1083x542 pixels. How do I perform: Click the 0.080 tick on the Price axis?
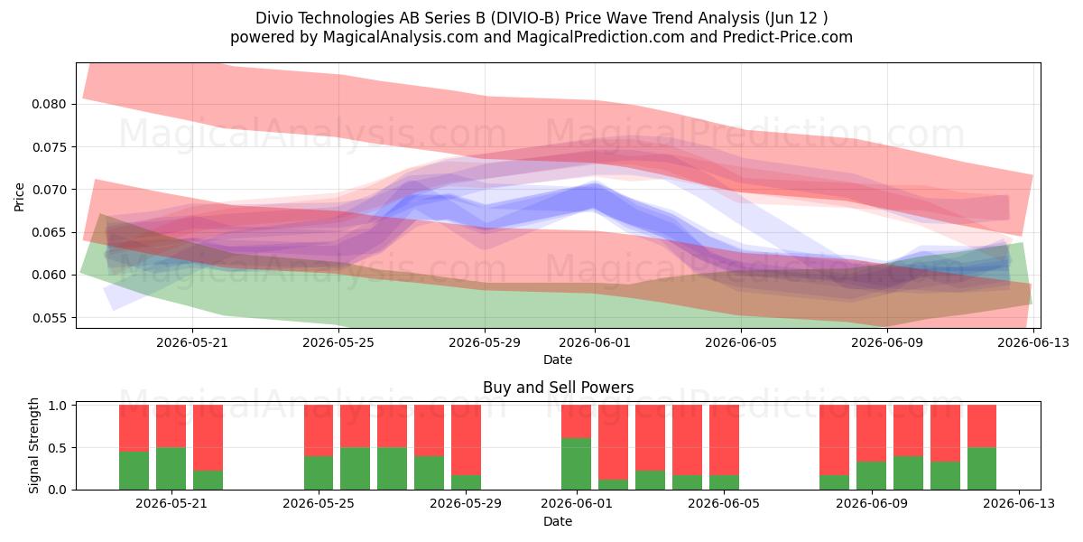[x=49, y=105]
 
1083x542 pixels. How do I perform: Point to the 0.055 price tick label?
[x=49, y=318]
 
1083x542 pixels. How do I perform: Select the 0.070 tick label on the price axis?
[x=49, y=190]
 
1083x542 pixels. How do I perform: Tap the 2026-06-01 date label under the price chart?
[x=595, y=343]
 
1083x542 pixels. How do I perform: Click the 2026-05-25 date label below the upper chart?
[x=338, y=343]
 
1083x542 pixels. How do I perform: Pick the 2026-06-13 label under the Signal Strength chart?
[x=1019, y=504]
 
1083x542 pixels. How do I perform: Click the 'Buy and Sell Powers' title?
[x=558, y=388]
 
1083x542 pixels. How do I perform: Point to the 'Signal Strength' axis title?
[x=34, y=445]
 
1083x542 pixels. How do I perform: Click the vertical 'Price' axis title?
[x=19, y=198]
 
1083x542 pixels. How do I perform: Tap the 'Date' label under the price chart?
[x=558, y=360]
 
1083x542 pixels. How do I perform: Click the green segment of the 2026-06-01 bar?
[x=577, y=464]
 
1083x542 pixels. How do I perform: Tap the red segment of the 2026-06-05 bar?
[x=724, y=440]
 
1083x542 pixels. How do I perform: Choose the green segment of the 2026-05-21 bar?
[x=171, y=469]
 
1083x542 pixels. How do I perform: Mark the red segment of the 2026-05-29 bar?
[x=466, y=440]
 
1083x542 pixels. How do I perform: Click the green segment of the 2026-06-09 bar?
[x=871, y=476]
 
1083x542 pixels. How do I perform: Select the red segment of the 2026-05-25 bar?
[x=319, y=431]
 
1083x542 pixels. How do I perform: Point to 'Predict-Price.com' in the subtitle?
[x=788, y=37]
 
